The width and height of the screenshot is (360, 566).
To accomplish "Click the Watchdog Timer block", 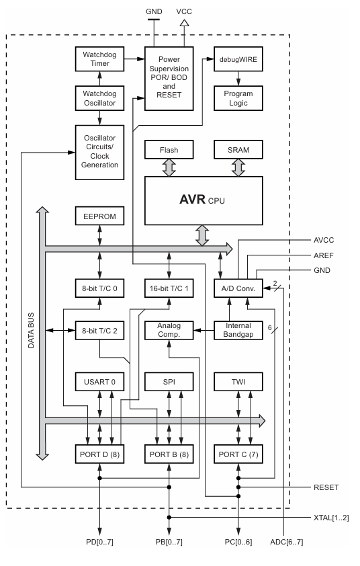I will coord(99,59).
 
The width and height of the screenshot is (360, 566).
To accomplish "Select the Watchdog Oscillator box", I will coord(99,98).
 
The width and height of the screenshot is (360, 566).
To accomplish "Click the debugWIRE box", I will coord(238,59).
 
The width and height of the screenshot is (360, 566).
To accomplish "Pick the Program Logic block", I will coord(238,98).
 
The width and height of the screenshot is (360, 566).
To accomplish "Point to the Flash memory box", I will coord(169,150).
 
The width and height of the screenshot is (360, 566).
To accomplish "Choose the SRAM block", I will coord(238,150).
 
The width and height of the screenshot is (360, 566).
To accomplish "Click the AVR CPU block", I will coord(204,200).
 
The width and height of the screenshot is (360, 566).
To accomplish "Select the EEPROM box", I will coord(99,217).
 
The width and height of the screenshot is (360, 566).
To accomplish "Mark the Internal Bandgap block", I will coord(238,330).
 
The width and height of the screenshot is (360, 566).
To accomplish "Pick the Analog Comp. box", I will coord(169,330).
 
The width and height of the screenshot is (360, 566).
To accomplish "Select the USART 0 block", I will coord(99,382).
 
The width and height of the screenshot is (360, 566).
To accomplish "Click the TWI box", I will coord(238,382).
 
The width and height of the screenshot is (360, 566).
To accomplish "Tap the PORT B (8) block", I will coord(169,454).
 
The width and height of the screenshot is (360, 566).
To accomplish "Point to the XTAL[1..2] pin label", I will coord(330,518).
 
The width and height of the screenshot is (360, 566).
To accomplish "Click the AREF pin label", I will coord(324,255).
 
